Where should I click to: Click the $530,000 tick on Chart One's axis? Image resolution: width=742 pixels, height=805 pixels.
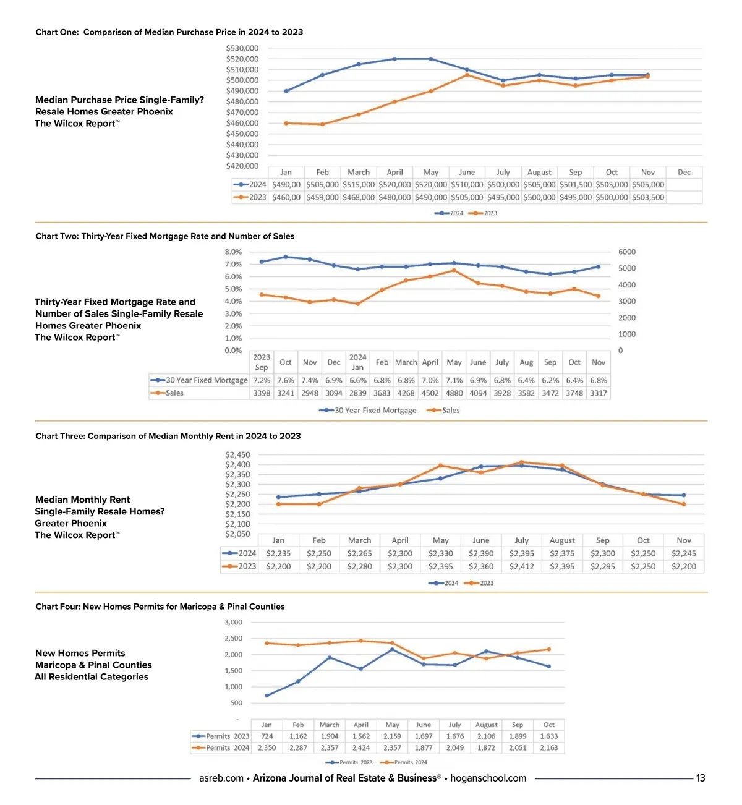[x=242, y=48]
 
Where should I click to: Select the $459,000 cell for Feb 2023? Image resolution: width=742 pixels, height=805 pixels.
[x=322, y=197]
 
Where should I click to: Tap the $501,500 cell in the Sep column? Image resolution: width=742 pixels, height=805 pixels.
[x=575, y=184]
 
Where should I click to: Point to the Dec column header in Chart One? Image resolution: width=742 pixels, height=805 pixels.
[x=684, y=172]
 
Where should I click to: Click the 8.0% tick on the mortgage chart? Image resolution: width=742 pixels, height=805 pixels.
[x=233, y=252]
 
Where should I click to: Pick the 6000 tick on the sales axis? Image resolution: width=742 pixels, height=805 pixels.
[x=626, y=252]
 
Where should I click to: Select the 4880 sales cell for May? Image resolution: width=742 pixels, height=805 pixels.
[x=454, y=393]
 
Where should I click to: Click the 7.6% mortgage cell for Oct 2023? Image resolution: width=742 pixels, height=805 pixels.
[x=286, y=380]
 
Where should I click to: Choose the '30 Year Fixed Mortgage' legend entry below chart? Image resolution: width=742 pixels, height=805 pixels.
[x=369, y=411]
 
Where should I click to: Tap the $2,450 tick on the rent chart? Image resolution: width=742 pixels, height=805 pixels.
[x=237, y=455]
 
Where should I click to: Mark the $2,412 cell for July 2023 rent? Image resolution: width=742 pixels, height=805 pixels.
[x=521, y=566]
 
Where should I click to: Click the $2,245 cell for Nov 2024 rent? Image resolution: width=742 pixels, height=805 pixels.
[x=683, y=553]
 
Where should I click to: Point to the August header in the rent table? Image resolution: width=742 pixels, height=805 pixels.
[x=562, y=540]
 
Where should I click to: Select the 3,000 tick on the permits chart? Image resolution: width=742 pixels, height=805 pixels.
[x=233, y=623]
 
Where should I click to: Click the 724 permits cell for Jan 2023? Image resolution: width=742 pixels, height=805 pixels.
[x=267, y=736]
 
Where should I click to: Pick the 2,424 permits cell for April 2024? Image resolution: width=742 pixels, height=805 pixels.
[x=361, y=748]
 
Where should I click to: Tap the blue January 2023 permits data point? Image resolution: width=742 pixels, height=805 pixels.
[x=267, y=696]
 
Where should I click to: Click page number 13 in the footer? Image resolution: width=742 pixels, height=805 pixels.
[x=701, y=778]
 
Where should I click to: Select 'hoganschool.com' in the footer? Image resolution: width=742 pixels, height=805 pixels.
[x=488, y=778]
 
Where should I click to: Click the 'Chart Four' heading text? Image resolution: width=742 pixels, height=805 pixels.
[x=58, y=607]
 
